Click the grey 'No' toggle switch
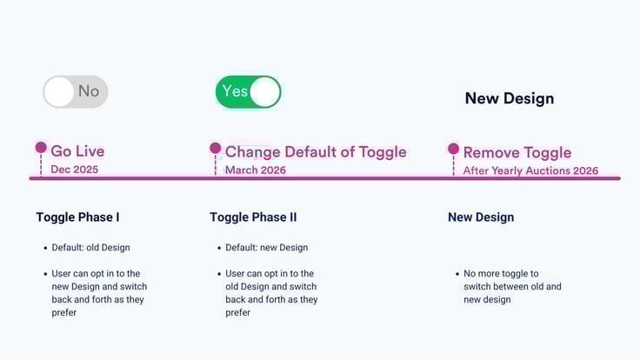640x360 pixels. click(x=76, y=91)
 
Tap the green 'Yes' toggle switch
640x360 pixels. click(x=249, y=91)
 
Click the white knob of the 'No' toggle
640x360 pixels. click(x=59, y=91)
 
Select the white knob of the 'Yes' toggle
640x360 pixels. click(x=265, y=91)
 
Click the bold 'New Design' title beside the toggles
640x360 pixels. click(x=509, y=98)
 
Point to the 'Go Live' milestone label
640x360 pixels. click(x=77, y=151)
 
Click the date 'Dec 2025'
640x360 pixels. click(x=74, y=170)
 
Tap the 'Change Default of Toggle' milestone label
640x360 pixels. click(x=315, y=152)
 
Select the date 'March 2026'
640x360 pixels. click(x=255, y=170)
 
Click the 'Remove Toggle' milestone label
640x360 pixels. click(x=517, y=153)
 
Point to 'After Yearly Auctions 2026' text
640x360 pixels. click(x=530, y=170)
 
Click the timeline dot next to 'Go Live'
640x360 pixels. click(x=41, y=148)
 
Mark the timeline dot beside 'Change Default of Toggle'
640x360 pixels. click(x=215, y=149)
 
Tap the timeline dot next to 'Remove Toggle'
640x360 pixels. click(x=453, y=149)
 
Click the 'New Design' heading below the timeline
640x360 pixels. click(x=481, y=217)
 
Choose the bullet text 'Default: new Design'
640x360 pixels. click(x=266, y=248)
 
